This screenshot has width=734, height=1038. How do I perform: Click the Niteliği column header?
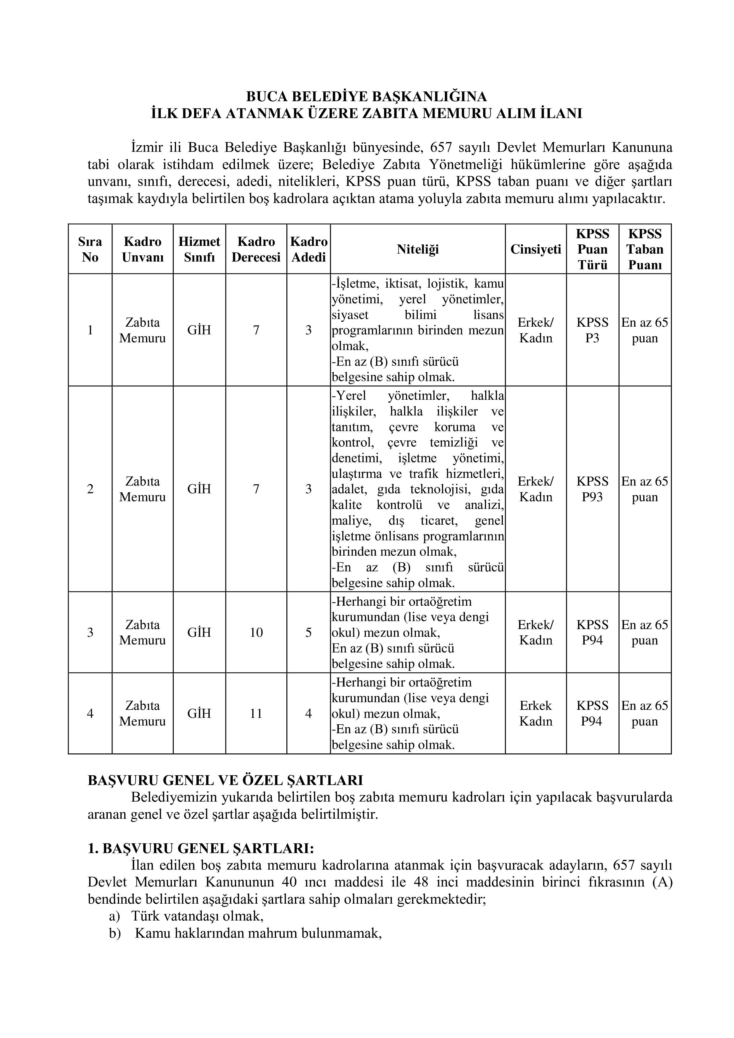point(418,249)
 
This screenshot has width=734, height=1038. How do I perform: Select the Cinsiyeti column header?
point(535,249)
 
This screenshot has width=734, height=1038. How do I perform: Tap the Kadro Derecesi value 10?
point(256,632)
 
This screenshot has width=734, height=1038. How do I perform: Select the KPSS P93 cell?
point(592,489)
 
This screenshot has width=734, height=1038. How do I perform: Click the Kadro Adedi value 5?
point(308,632)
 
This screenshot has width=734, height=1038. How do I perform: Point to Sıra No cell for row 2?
point(90,489)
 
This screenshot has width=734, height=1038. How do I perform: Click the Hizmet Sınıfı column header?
point(199,249)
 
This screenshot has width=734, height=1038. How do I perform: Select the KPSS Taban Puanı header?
point(645,249)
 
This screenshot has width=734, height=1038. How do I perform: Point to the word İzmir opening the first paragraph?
point(147,148)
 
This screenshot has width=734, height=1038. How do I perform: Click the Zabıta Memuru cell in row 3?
point(142,632)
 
